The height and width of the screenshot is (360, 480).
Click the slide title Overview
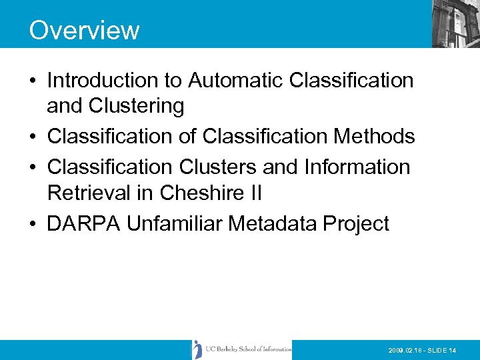[x=84, y=31]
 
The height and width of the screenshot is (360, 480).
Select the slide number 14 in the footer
[x=452, y=350]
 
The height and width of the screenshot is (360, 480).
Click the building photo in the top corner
[x=455, y=24]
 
